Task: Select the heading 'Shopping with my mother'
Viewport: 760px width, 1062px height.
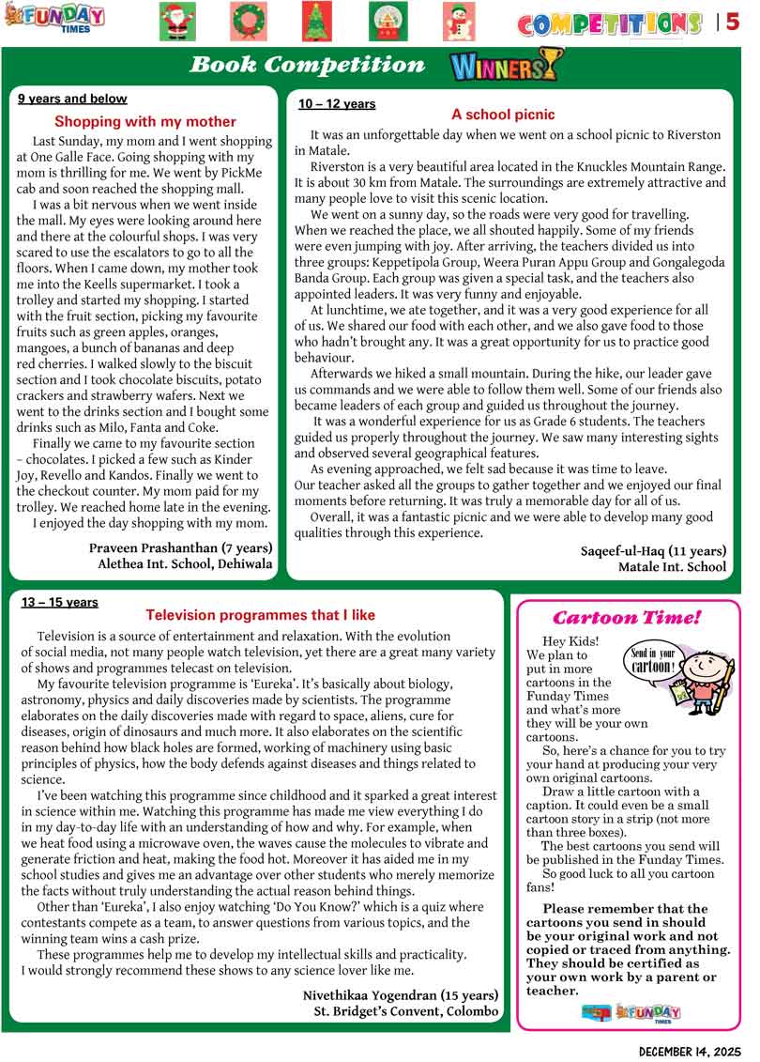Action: [x=145, y=122]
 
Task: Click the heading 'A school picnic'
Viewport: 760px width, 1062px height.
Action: [x=503, y=115]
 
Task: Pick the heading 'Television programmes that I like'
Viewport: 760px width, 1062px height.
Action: [x=261, y=615]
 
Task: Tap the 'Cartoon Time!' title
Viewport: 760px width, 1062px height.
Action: [x=627, y=618]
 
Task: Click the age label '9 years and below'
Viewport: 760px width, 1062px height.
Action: [x=72, y=99]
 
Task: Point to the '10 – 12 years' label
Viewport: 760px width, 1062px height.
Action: [x=337, y=104]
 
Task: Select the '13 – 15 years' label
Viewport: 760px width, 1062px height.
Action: [x=60, y=603]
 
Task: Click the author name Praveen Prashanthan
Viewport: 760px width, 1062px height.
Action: [x=180, y=547]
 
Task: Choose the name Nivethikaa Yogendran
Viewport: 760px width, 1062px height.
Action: [x=401, y=994]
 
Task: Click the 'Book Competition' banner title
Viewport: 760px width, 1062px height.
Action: [x=308, y=65]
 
